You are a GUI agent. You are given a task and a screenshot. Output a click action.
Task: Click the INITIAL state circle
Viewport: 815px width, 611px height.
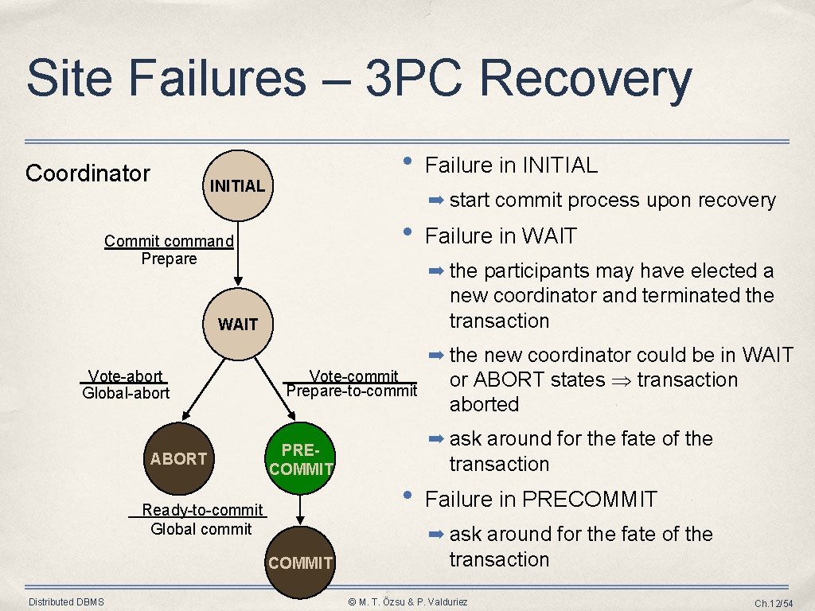click(237, 186)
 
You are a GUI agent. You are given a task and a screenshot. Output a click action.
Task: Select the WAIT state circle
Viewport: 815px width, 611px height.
click(237, 325)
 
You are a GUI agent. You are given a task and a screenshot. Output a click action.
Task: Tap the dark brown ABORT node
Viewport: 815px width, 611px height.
click(178, 458)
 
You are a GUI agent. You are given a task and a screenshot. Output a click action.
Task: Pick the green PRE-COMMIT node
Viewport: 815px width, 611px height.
click(301, 460)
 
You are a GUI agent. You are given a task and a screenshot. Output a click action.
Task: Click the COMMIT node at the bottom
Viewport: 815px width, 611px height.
click(300, 563)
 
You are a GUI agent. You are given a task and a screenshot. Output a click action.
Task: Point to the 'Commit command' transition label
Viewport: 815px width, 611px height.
click(169, 241)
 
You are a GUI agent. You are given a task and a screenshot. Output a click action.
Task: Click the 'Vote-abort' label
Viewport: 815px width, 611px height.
click(126, 376)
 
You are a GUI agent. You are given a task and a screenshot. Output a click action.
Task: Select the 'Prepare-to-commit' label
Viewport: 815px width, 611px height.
click(351, 391)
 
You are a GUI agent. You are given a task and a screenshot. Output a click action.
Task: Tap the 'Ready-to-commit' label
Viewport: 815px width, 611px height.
click(202, 510)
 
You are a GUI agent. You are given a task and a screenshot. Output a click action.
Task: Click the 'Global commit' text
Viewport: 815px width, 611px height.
click(201, 528)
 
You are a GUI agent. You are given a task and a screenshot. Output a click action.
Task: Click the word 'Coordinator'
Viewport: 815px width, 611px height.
click(88, 173)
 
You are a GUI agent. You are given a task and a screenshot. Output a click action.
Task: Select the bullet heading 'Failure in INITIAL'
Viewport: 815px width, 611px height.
click(511, 165)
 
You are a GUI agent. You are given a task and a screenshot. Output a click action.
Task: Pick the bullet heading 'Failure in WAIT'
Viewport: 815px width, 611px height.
click(501, 236)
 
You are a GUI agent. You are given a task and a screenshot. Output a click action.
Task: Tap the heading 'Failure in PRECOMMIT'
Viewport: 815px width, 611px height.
click(541, 500)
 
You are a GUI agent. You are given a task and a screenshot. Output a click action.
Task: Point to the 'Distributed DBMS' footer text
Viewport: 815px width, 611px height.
click(66, 601)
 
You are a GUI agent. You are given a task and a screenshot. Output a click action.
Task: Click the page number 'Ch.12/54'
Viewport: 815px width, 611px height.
click(774, 603)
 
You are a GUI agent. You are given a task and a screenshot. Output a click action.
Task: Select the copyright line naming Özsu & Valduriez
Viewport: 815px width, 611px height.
click(408, 602)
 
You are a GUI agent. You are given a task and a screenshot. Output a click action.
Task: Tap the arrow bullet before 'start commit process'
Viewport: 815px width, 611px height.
click(437, 200)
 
